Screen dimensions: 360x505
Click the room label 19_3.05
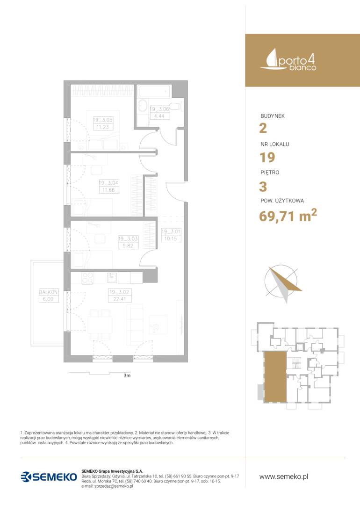tap(103, 120)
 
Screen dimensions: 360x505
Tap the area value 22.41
tap(120, 299)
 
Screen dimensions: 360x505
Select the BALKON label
tap(48, 292)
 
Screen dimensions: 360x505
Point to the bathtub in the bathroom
tap(154, 92)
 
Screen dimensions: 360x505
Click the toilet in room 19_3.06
tap(177, 106)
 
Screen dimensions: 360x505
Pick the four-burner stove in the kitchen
tap(87, 278)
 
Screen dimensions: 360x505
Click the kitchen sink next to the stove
tap(112, 277)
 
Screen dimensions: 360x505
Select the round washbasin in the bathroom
tap(142, 106)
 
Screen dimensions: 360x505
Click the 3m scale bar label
tap(127, 375)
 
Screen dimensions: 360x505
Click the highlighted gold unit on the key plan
tap(275, 376)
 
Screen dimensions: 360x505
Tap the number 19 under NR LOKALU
tap(267, 157)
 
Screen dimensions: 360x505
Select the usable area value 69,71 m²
tap(288, 215)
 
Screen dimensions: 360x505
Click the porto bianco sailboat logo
tap(288, 59)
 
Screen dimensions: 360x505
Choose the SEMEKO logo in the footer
tap(49, 476)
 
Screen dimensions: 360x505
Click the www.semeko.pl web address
tap(284, 476)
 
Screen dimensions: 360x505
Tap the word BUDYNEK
tap(273, 116)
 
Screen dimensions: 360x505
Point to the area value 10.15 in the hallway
tap(171, 238)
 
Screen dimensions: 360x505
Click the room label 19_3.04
tap(108, 183)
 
